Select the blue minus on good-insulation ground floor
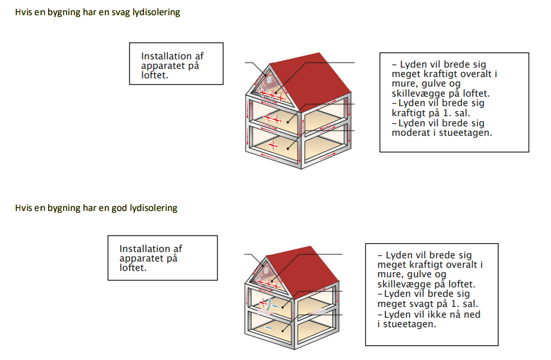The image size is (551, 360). (x=269, y=328)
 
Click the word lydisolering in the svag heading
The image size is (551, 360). (x=155, y=13)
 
